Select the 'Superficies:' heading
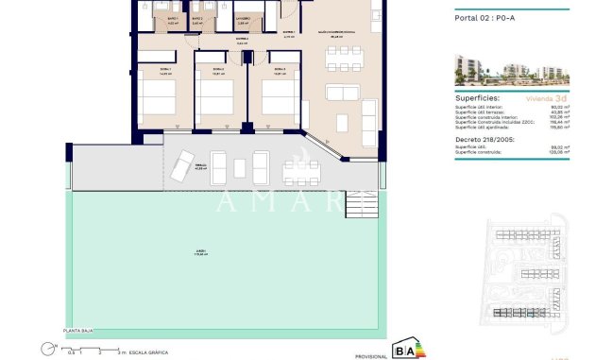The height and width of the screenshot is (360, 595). point(479,97)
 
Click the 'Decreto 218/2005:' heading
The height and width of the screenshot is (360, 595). point(486,139)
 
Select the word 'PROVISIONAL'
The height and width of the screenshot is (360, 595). point(371,355)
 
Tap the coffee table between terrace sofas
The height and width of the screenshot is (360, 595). point(240,168)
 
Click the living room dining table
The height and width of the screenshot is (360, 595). point(339,59)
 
